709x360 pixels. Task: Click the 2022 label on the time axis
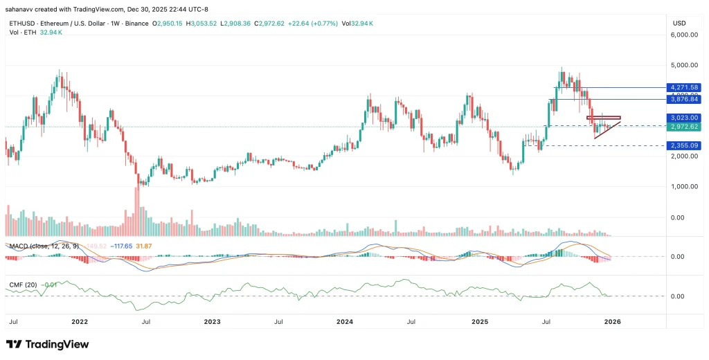(80, 322)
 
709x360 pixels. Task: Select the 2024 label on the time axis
(344, 322)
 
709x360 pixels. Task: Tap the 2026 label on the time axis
(611, 322)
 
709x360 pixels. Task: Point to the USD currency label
(679, 23)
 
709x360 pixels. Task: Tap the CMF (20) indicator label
(20, 284)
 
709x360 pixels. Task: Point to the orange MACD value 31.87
(143, 246)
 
